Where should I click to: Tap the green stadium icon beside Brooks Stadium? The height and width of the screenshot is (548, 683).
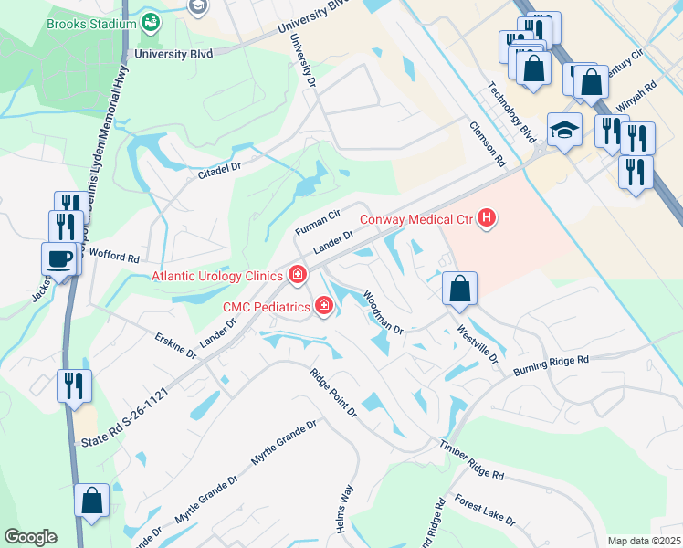[x=151, y=22]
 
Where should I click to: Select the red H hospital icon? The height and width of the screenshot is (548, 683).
[x=488, y=218]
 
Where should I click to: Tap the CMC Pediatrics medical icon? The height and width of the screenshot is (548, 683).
[x=323, y=307]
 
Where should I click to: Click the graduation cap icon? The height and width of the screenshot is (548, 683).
[x=563, y=131]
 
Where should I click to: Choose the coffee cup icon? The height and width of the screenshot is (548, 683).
[x=59, y=259]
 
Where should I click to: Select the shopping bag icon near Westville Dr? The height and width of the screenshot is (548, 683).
[x=459, y=290]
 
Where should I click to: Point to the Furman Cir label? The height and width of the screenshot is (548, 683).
[x=317, y=221]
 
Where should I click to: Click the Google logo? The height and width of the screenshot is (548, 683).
[x=30, y=537]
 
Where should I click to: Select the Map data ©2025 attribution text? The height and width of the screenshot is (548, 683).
[x=644, y=541]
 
